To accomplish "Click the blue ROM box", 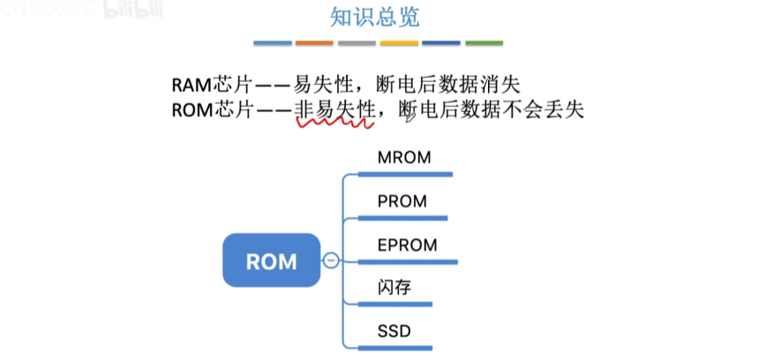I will point(271,260).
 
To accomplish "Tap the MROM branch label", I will point(403,159).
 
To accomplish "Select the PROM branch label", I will point(402,201).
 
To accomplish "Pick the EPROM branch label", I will point(407,244).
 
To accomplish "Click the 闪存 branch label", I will point(394,288).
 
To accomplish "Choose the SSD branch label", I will point(393,331).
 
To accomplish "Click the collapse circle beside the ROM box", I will point(330,260).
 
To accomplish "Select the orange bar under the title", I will point(314,42).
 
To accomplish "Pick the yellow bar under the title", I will point(399,42).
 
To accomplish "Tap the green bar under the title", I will point(484,42).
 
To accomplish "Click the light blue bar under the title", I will point(272,42).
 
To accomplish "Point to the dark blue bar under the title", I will point(441,42).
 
